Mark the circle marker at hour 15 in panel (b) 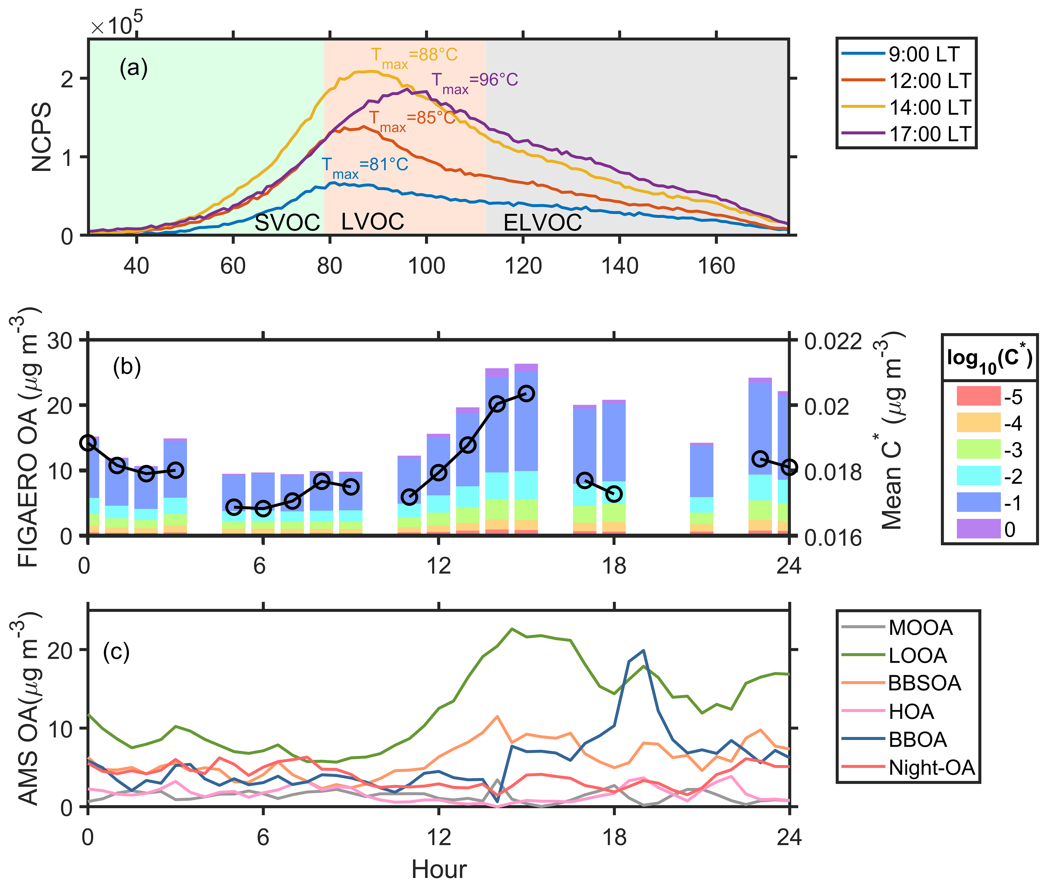click(x=526, y=393)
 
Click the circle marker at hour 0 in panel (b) click(x=88, y=443)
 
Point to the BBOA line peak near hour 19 click(x=643, y=651)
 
